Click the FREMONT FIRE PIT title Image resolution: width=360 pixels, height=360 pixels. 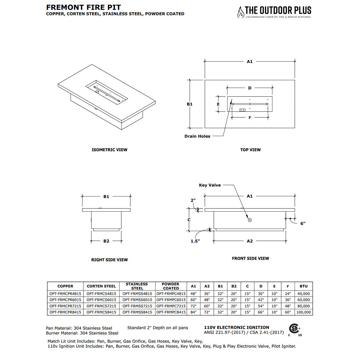[x=84, y=7]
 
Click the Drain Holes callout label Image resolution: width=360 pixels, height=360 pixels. [x=197, y=136]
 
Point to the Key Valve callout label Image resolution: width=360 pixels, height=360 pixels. [x=210, y=185]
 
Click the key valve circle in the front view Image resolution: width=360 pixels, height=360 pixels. [x=249, y=220]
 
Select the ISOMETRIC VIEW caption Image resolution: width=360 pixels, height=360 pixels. [x=109, y=150]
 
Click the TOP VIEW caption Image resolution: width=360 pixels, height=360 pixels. [x=250, y=150]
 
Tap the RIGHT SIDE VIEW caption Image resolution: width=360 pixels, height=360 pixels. [x=109, y=260]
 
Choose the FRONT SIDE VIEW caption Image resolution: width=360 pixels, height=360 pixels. [x=250, y=258]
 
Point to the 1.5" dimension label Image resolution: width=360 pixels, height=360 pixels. [x=195, y=241]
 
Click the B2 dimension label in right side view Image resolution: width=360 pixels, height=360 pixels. [x=106, y=241]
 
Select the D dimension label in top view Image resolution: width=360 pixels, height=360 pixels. [x=249, y=88]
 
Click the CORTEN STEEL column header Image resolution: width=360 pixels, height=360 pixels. [x=102, y=286]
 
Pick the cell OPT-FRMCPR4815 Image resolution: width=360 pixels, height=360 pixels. [x=65, y=293]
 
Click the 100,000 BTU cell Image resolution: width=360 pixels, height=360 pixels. [x=303, y=312]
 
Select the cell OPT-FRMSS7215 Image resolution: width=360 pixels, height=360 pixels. [x=137, y=306]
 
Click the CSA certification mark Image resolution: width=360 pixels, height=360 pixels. [x=295, y=329]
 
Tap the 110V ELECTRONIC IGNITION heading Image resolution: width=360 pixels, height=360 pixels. [x=237, y=327]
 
